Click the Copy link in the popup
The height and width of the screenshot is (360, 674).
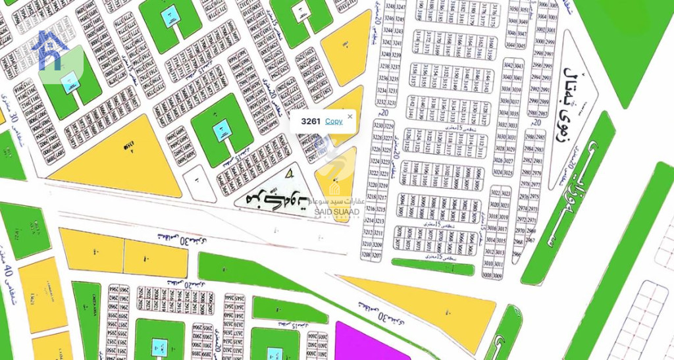[x=334, y=121]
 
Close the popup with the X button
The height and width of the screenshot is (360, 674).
[x=350, y=116]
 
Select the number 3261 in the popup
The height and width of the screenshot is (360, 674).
[x=311, y=121]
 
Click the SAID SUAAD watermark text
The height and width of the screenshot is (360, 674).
[x=336, y=211]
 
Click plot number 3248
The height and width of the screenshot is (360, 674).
[x=388, y=9]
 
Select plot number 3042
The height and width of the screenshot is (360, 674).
[x=507, y=66]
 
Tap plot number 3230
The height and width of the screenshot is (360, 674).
[x=378, y=125]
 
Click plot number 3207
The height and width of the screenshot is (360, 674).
[x=378, y=255]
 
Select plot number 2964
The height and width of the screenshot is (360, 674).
[x=113, y=288]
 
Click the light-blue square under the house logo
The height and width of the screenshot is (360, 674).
[x=68, y=81]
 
